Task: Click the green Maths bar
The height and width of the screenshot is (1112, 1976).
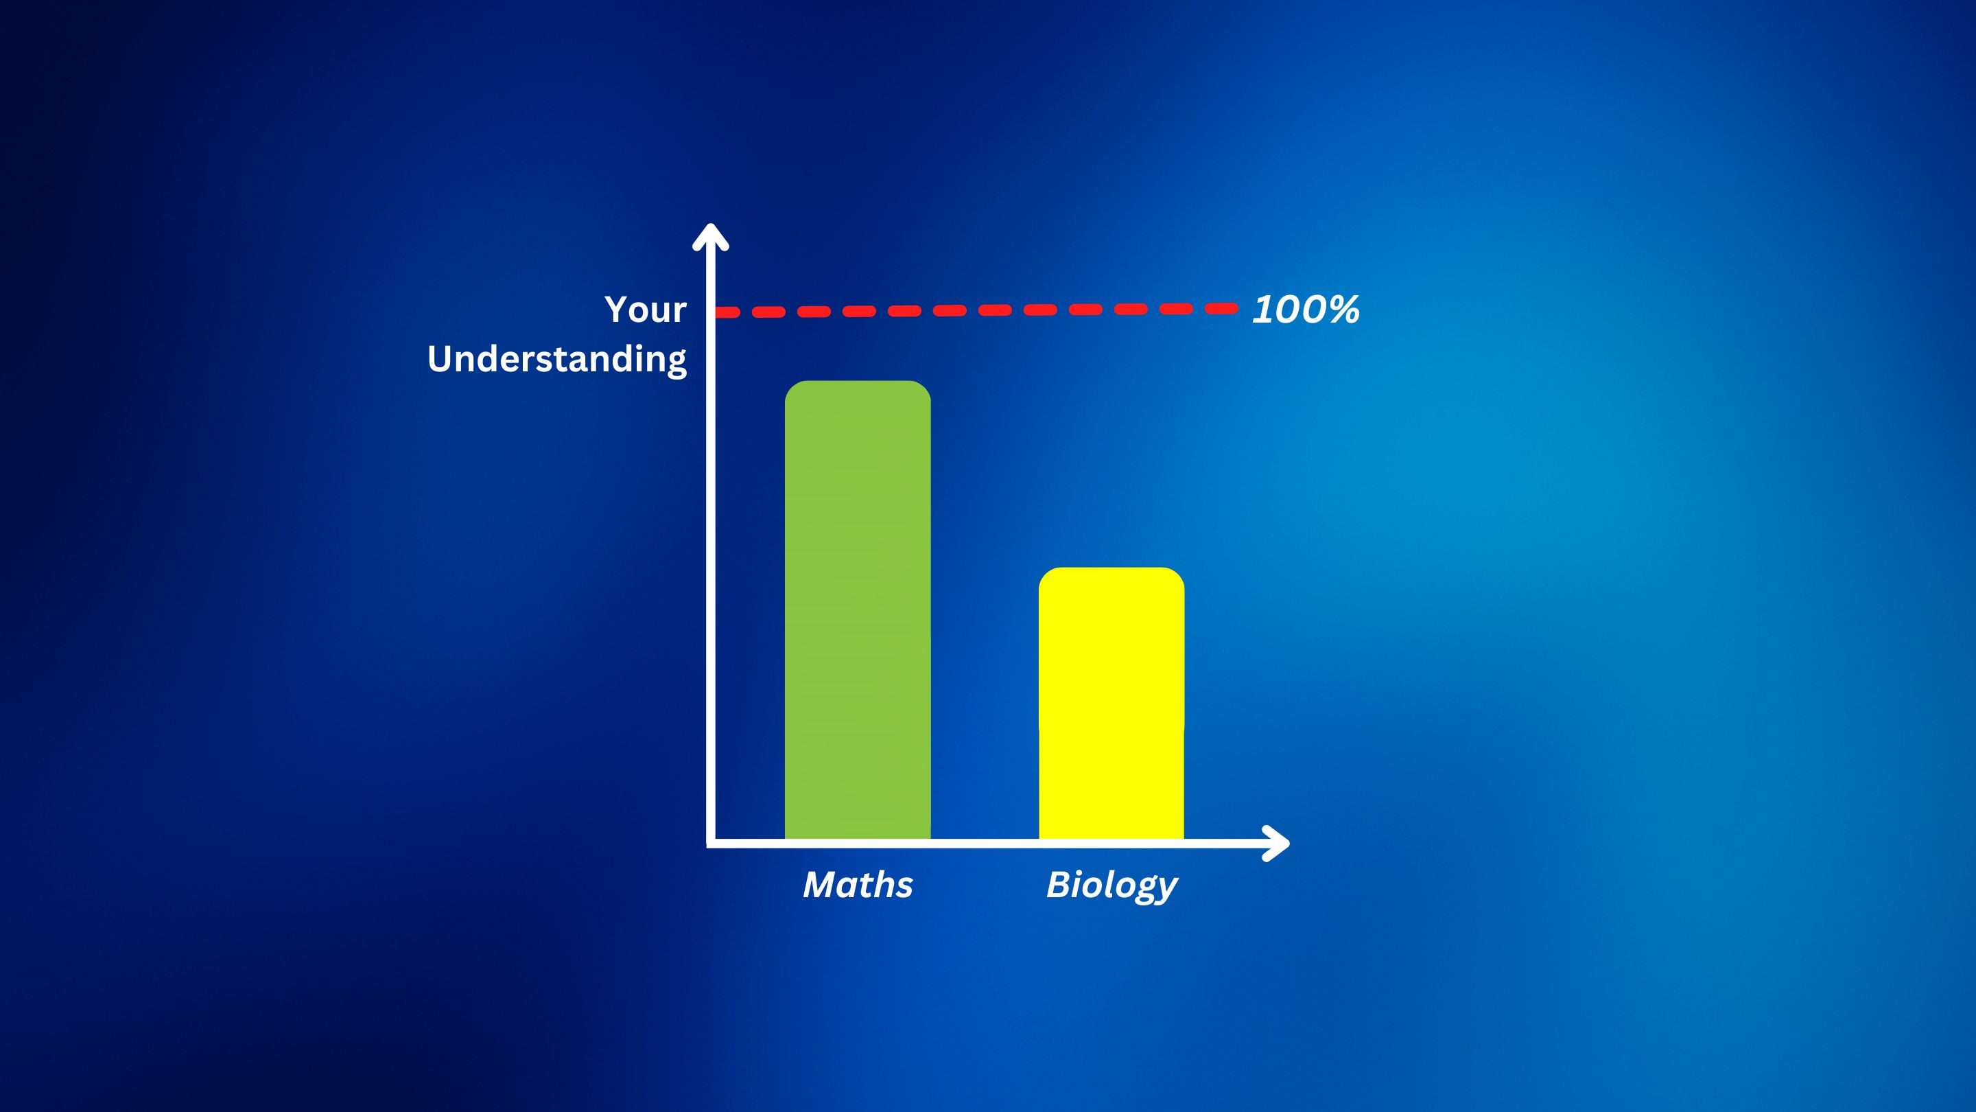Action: click(x=858, y=610)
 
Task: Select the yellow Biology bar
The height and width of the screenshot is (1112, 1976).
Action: click(x=1111, y=704)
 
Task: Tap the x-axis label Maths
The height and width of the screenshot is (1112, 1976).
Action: click(x=858, y=885)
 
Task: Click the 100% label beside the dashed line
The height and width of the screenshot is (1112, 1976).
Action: click(x=1306, y=310)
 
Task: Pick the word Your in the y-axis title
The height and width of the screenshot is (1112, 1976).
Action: click(x=645, y=310)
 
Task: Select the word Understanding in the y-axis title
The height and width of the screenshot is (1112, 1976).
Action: click(x=557, y=360)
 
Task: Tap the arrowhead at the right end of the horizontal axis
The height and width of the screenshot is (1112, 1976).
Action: click(x=1276, y=844)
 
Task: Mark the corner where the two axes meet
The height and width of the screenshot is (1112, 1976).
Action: click(x=711, y=844)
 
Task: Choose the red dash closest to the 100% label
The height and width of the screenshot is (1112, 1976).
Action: click(x=1221, y=308)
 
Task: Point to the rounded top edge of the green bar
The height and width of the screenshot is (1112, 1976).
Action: click(x=858, y=382)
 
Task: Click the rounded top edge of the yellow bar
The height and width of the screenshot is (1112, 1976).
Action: click(x=1111, y=568)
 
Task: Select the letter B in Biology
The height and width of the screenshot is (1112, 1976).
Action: click(x=1059, y=884)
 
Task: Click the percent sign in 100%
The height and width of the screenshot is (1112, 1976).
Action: click(x=1344, y=310)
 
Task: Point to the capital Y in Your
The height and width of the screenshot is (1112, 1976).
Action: click(x=618, y=310)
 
